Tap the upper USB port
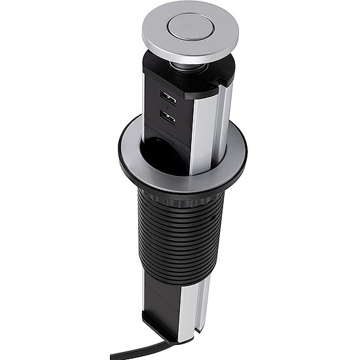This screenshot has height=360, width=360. (x=167, y=99)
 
